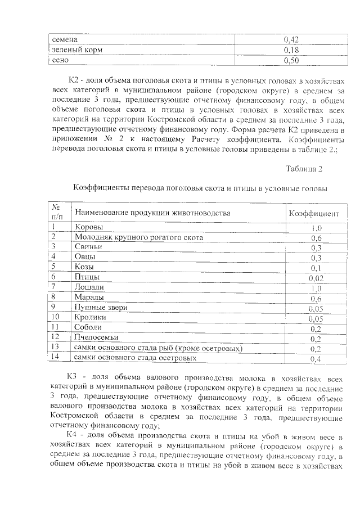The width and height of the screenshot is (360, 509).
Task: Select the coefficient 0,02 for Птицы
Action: pyautogui.click(x=316, y=278)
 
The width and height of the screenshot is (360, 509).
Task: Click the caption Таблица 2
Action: pyautogui.click(x=304, y=169)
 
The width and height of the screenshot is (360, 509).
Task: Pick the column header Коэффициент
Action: pyautogui.click(x=313, y=214)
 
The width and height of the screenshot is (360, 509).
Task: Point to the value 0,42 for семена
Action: pyautogui.click(x=291, y=40)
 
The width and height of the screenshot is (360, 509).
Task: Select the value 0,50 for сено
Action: pyautogui.click(x=291, y=60)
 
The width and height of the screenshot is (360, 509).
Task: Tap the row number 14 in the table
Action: pyautogui.click(x=55, y=357)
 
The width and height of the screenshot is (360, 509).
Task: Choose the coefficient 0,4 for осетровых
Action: pyautogui.click(x=316, y=359)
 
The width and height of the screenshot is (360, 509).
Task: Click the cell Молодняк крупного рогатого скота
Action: pyautogui.click(x=139, y=237)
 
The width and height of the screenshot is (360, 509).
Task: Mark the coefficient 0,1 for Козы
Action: pyautogui.click(x=316, y=268)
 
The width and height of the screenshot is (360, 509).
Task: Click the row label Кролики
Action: pyautogui.click(x=91, y=318)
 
